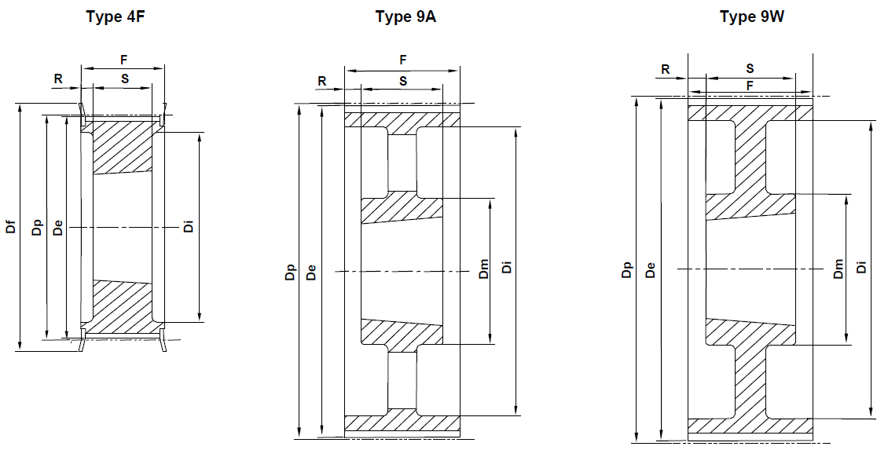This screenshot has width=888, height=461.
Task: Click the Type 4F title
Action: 116,16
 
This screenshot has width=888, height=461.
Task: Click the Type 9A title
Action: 405,16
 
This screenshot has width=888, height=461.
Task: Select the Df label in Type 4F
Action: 9,229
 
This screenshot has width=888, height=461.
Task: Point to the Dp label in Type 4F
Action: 35,229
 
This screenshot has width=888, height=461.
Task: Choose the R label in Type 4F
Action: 58,79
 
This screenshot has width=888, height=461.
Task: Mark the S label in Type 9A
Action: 403,80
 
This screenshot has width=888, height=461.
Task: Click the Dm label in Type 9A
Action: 484,269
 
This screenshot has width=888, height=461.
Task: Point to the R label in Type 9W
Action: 665,69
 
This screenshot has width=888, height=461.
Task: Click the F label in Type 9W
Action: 750,84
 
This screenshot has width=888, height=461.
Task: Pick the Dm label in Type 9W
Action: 838,269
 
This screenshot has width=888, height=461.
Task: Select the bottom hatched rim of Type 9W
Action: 750,426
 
